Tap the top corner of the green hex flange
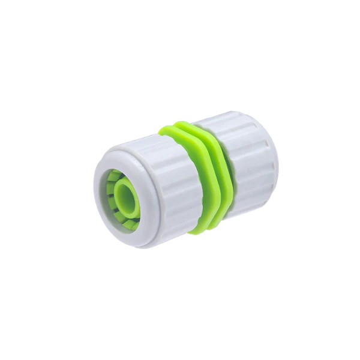[x=171, y=127]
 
